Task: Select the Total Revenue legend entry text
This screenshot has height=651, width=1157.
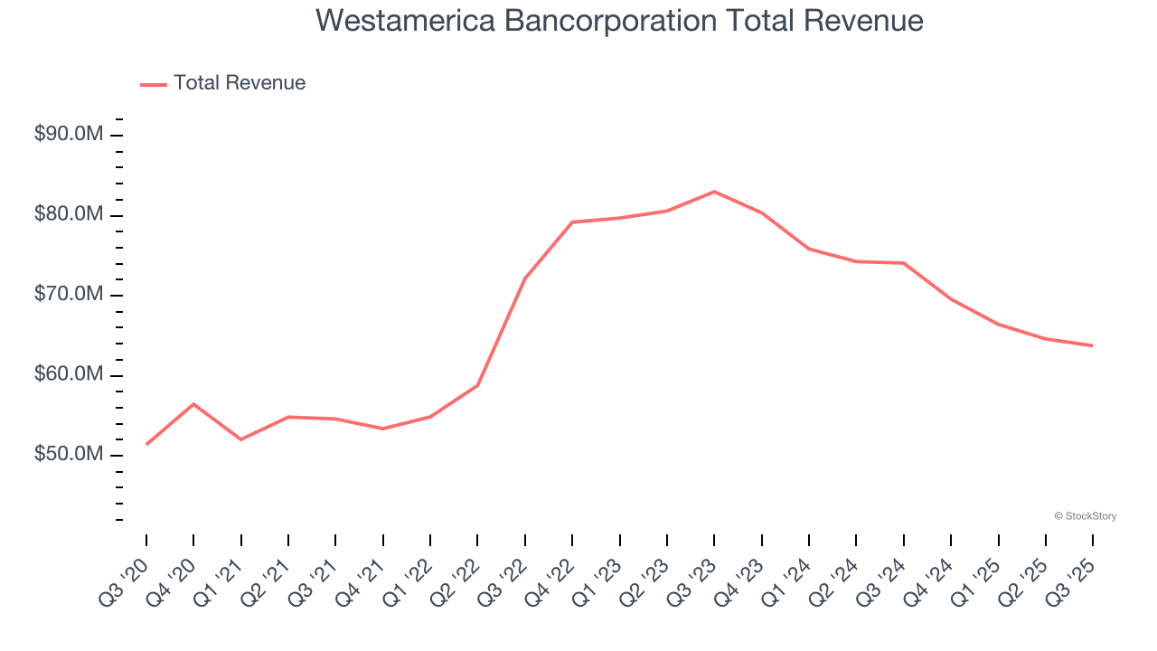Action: click(240, 83)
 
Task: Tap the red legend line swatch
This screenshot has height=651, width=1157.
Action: click(154, 84)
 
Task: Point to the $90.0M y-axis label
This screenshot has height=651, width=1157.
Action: click(69, 135)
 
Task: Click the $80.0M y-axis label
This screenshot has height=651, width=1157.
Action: click(69, 215)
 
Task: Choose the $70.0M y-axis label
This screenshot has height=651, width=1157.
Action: click(69, 295)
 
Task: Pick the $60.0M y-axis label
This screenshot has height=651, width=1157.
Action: click(69, 374)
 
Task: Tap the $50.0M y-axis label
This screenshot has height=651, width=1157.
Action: click(69, 454)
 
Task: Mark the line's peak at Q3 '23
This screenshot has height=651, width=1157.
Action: click(714, 192)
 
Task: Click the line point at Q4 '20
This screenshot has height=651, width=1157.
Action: click(193, 404)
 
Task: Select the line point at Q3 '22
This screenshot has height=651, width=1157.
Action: click(525, 278)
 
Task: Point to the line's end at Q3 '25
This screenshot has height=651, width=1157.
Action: click(1093, 345)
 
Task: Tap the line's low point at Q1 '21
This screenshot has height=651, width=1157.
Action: click(241, 439)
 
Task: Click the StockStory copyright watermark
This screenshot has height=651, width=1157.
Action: click(1086, 516)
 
